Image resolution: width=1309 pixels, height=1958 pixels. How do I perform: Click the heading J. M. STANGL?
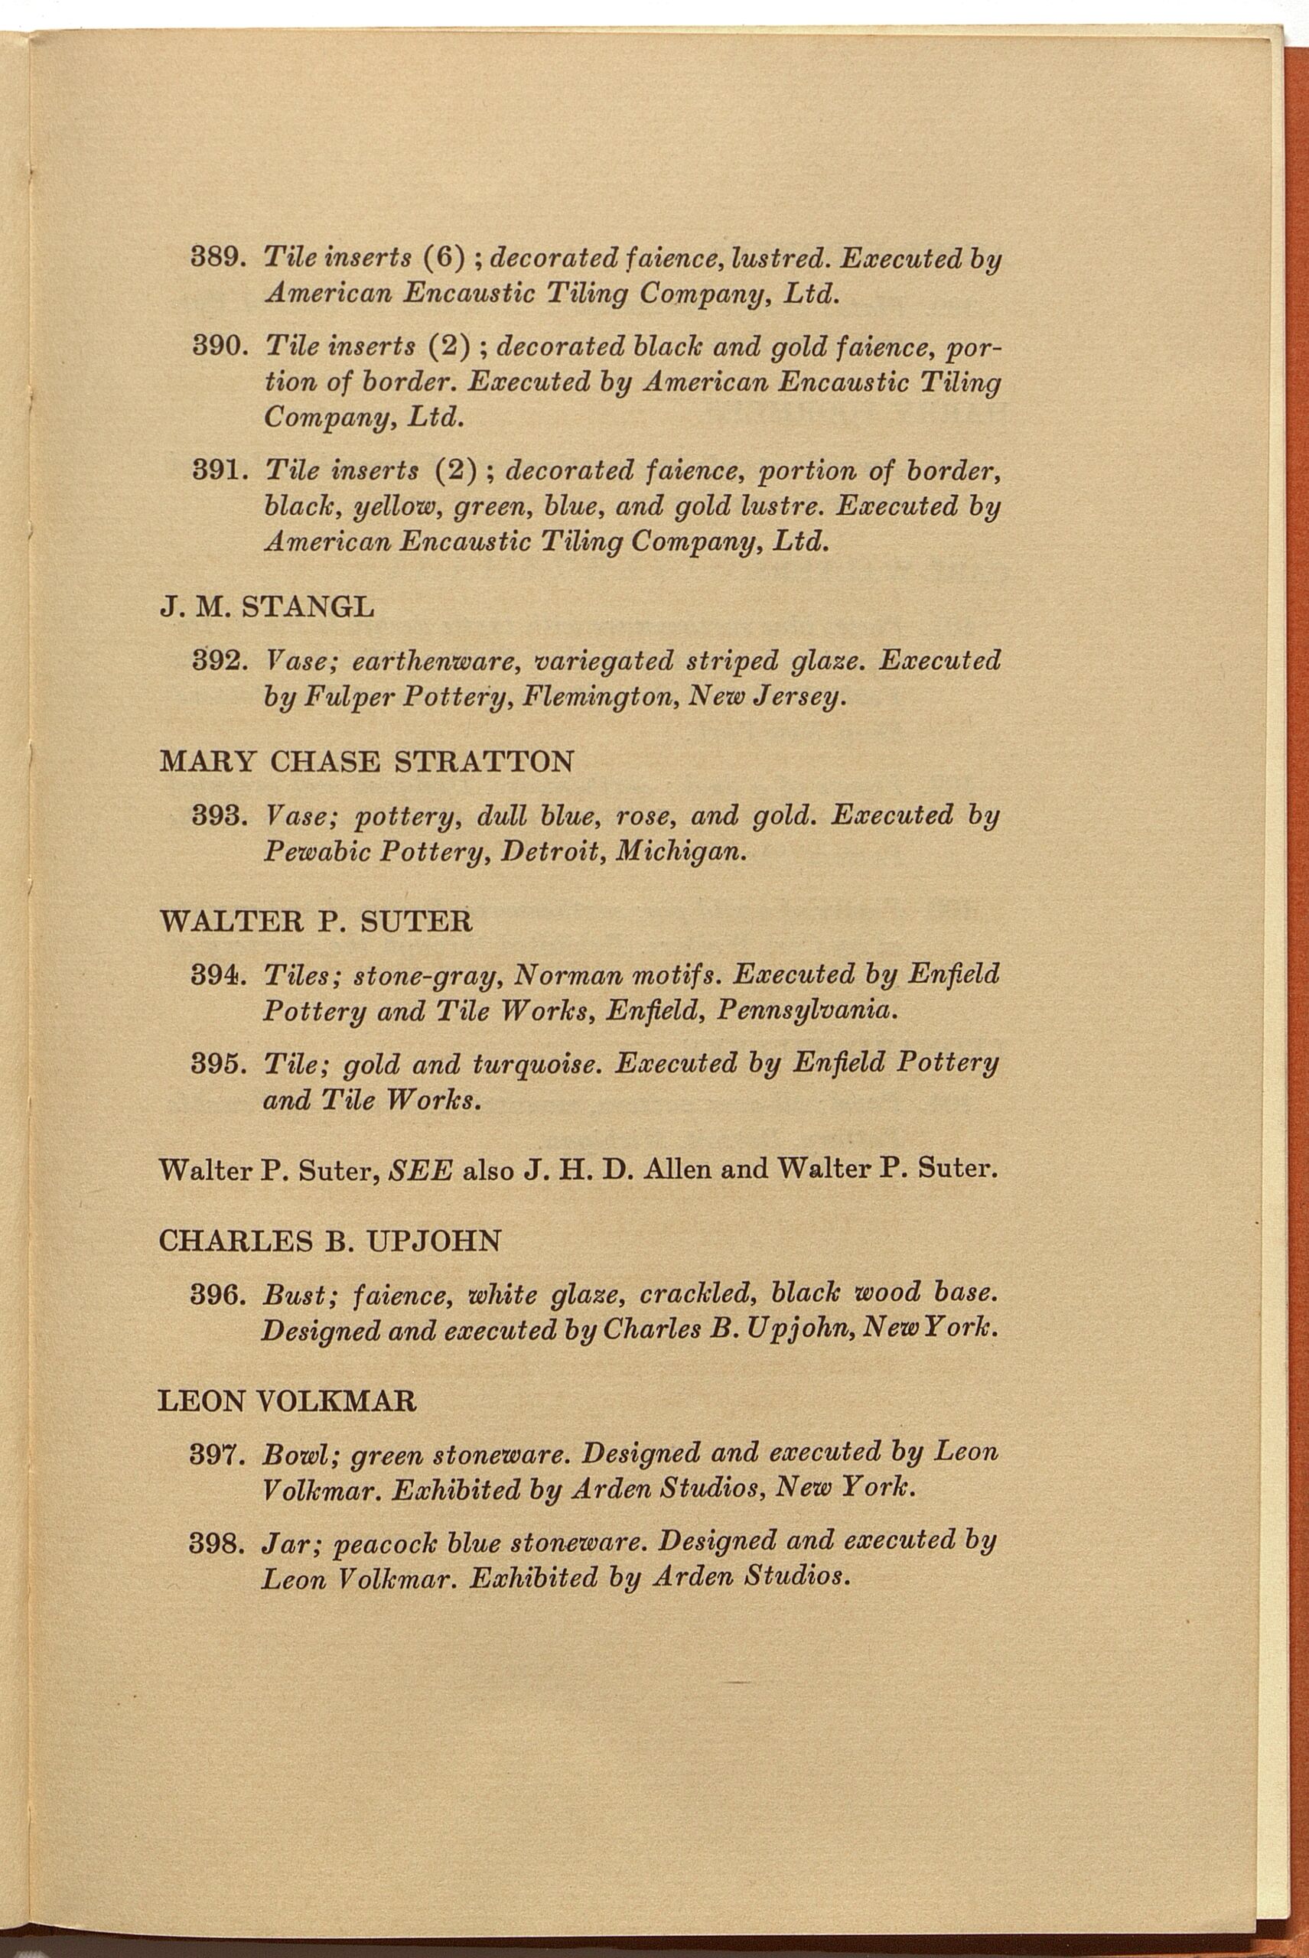pos(266,607)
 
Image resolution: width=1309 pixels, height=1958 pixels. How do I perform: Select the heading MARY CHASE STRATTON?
pos(366,762)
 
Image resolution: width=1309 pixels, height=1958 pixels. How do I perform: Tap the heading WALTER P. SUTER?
pos(314,922)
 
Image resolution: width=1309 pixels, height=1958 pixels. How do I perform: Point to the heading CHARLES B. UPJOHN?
pos(329,1241)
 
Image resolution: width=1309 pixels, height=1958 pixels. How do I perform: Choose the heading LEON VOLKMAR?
pos(286,1400)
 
